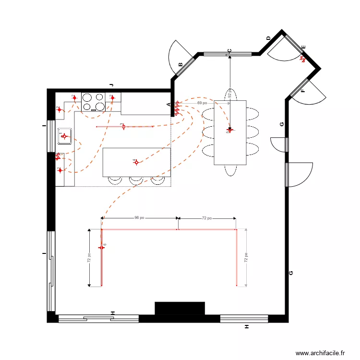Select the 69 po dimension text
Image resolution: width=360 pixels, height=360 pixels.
coord(202,103)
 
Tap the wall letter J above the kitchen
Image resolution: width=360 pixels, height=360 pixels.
coord(111,85)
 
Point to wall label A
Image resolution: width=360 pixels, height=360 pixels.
coord(168,104)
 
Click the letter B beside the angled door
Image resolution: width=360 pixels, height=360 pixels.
coord(180,64)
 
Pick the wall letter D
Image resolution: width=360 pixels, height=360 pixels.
coord(268,38)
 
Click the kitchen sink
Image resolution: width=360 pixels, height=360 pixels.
coord(65,136)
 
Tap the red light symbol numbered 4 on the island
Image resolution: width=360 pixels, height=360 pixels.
coord(136,162)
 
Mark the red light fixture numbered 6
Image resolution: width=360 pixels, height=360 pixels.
coord(101,247)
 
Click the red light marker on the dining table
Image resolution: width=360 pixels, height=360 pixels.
coord(230,130)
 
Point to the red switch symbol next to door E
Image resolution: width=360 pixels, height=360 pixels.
coord(303,59)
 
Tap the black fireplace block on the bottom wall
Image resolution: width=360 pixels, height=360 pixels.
coord(180,308)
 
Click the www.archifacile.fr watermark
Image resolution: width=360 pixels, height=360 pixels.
coord(320,353)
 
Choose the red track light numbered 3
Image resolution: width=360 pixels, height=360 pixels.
coord(123,127)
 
